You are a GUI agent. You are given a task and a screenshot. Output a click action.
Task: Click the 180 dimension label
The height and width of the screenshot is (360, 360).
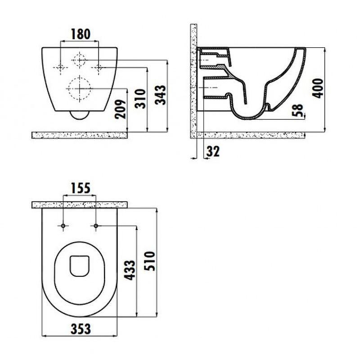click(x=81, y=34)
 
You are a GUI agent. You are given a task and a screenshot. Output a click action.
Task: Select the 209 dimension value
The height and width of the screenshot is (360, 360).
click(x=121, y=109)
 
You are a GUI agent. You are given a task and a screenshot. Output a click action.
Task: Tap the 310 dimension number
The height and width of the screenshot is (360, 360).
click(x=140, y=99)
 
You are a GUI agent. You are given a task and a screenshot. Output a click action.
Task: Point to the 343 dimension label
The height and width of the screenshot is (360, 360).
click(x=160, y=95)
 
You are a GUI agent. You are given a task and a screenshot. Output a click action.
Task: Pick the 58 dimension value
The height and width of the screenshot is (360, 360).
click(x=298, y=110)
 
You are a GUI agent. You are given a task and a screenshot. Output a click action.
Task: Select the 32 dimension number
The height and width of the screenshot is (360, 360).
click(x=213, y=151)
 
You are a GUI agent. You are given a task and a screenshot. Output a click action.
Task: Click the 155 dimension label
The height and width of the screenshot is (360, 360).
click(x=81, y=188)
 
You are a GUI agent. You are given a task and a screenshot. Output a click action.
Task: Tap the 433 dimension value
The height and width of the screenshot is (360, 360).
click(x=130, y=270)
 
